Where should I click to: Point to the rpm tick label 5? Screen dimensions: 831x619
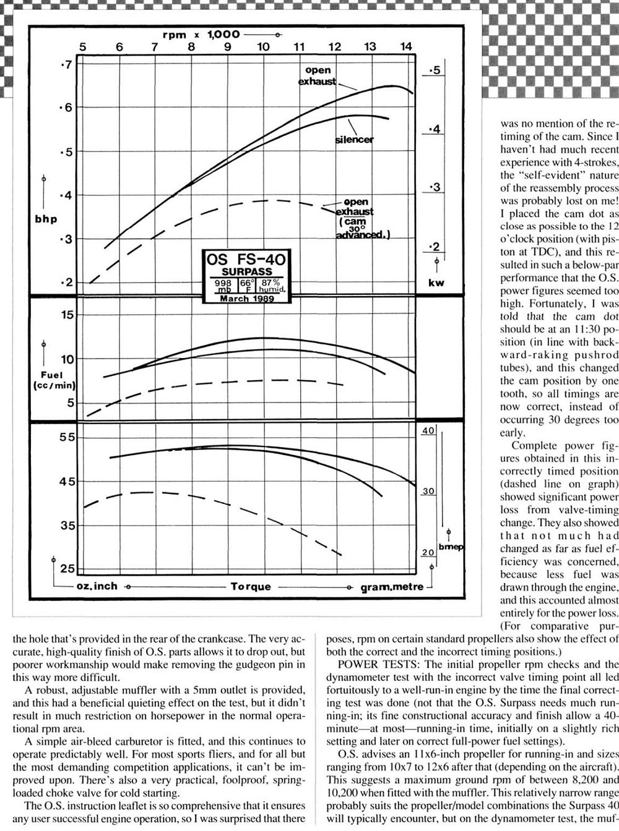(84, 46)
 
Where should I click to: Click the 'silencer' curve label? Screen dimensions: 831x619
(354, 140)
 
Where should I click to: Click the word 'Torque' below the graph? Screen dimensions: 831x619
(251, 586)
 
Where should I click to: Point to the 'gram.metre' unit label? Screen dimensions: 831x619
(392, 586)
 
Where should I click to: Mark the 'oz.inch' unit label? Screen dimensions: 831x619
(97, 586)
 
